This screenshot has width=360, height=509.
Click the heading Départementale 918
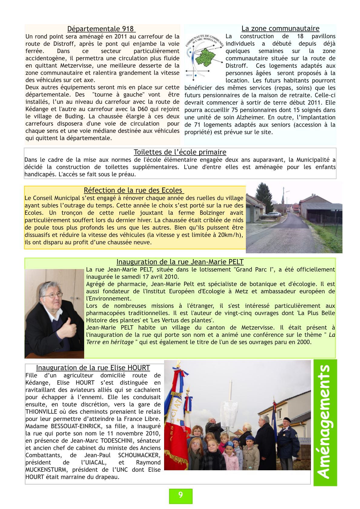pos(101,29)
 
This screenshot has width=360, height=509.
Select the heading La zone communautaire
pos(280,29)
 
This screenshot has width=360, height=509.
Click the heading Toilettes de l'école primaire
pos(180,152)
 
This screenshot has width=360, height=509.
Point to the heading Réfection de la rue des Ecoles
pos(134,190)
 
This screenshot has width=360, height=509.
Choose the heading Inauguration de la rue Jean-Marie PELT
pos(180,262)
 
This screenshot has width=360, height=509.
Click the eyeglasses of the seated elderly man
pos(54,294)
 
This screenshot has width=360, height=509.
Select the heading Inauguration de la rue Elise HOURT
pos(93,368)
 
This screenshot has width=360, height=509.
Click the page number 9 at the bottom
pos(180,495)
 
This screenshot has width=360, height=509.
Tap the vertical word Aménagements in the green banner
pos(325,422)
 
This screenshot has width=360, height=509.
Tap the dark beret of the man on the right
pos(286,420)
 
